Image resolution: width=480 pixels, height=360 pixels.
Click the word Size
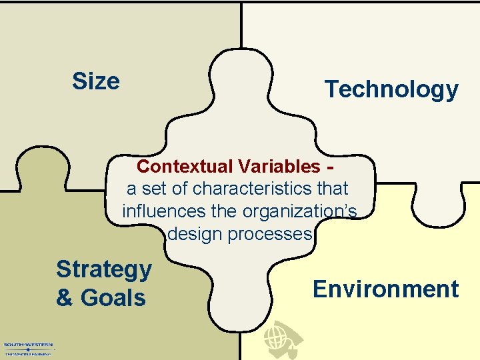96,81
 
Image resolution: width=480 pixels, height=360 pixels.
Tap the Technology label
391,89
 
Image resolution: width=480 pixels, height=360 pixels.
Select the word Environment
385,289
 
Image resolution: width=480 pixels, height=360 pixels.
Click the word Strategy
104,269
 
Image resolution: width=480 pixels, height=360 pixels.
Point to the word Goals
113,298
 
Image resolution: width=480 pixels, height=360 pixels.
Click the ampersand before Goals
64,298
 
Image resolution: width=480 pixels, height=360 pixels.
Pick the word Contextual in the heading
181,166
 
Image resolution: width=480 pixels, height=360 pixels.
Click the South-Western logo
28,349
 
